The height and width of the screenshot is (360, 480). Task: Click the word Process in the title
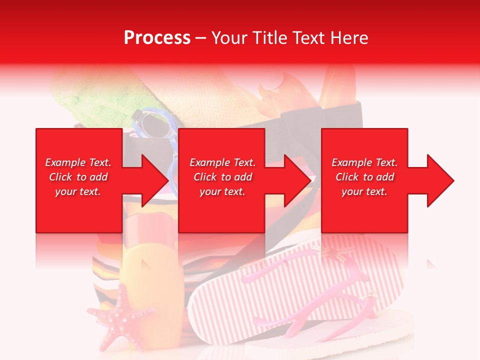coord(157,38)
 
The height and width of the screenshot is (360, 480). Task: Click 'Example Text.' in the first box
coord(78,162)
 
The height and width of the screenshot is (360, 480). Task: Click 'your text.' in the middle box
coord(222,191)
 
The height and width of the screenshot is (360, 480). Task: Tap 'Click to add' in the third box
coord(364,177)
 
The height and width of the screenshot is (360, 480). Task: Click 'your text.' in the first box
coord(78,191)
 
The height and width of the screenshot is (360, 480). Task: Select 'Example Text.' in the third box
coord(364,162)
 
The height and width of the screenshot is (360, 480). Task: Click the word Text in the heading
coord(309,38)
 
